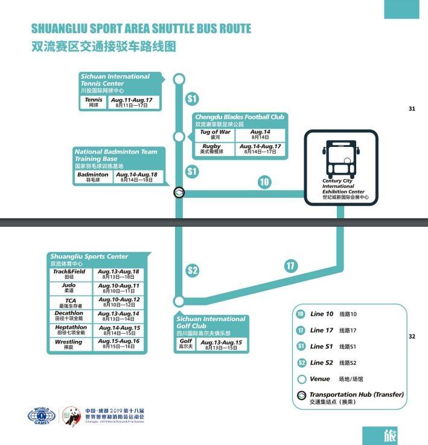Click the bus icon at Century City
pos(340,158)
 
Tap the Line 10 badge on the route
pos(264,182)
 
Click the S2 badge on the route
pos(192,270)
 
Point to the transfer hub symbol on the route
pos(179,192)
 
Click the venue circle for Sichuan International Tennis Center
pos(179,79)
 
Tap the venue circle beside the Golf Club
pos(179,301)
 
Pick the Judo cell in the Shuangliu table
pos(69,288)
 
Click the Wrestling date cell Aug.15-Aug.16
pos(118,344)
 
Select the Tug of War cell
pos(216,134)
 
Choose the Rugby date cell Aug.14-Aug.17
pos(260,149)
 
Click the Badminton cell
pos(93,177)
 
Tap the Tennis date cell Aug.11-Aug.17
pos(135,102)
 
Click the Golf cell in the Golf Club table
pos(187,345)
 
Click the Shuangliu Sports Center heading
pos(89,256)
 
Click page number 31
pos(412,109)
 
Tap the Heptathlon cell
pos(71,330)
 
